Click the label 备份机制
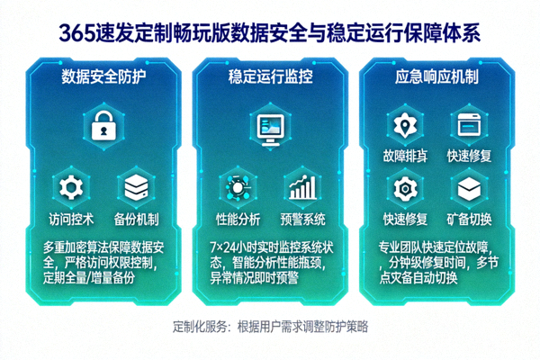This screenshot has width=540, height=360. click(x=137, y=219)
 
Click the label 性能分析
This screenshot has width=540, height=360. click(x=238, y=219)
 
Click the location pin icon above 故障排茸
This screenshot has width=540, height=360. click(x=403, y=124)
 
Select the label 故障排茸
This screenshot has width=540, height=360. click(x=403, y=155)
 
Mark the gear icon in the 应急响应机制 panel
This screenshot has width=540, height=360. click(x=403, y=188)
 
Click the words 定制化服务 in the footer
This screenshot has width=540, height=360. click(x=199, y=326)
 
